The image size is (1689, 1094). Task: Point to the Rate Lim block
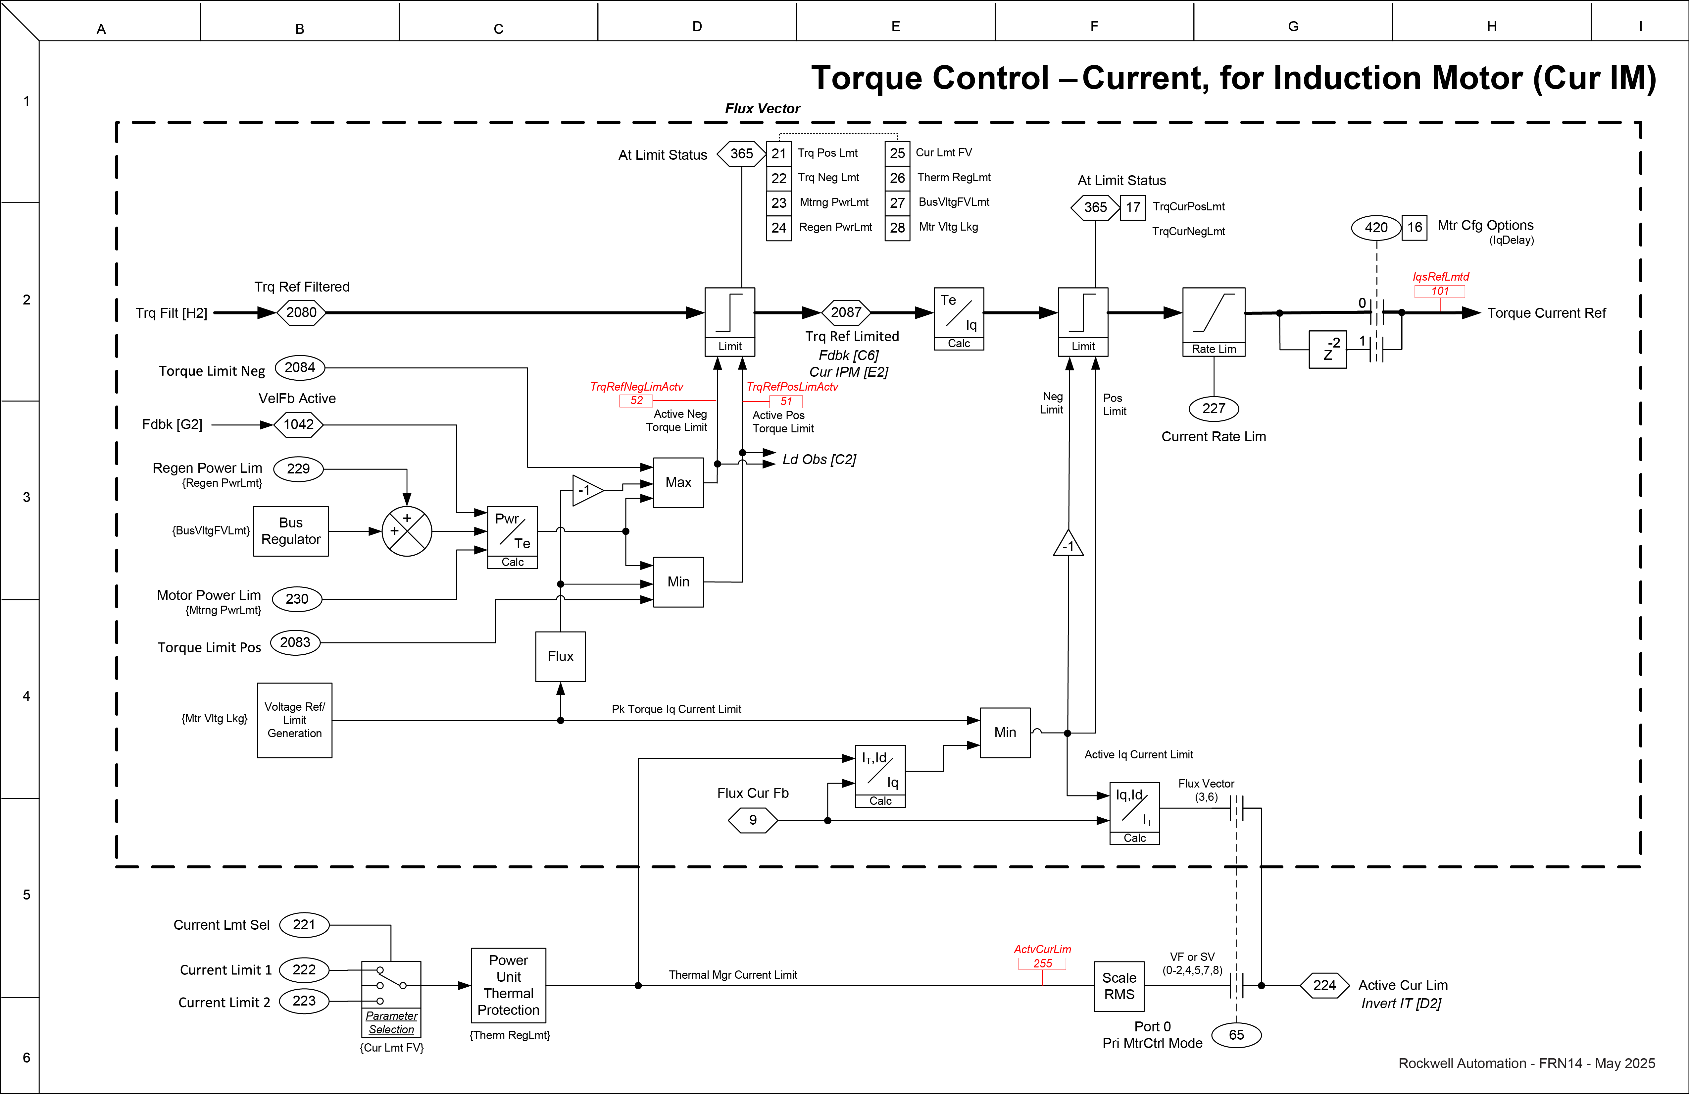(1214, 322)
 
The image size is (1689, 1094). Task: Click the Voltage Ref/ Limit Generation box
(294, 720)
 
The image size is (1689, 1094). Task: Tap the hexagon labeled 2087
(846, 312)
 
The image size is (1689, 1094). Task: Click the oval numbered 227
(1214, 408)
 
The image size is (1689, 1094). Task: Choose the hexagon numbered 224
(1324, 985)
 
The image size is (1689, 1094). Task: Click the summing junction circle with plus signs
(407, 531)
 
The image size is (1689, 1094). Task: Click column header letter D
(697, 26)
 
